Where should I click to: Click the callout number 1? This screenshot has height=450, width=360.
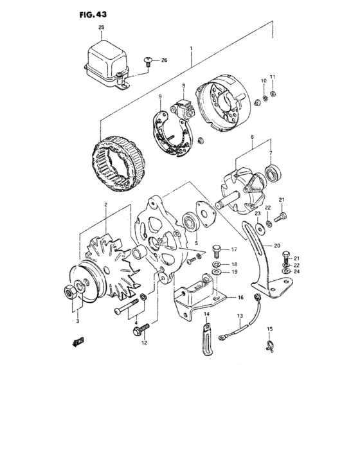(x=190, y=47)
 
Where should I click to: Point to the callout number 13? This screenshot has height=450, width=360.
(x=239, y=316)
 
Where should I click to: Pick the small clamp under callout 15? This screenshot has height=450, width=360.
(x=271, y=346)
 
